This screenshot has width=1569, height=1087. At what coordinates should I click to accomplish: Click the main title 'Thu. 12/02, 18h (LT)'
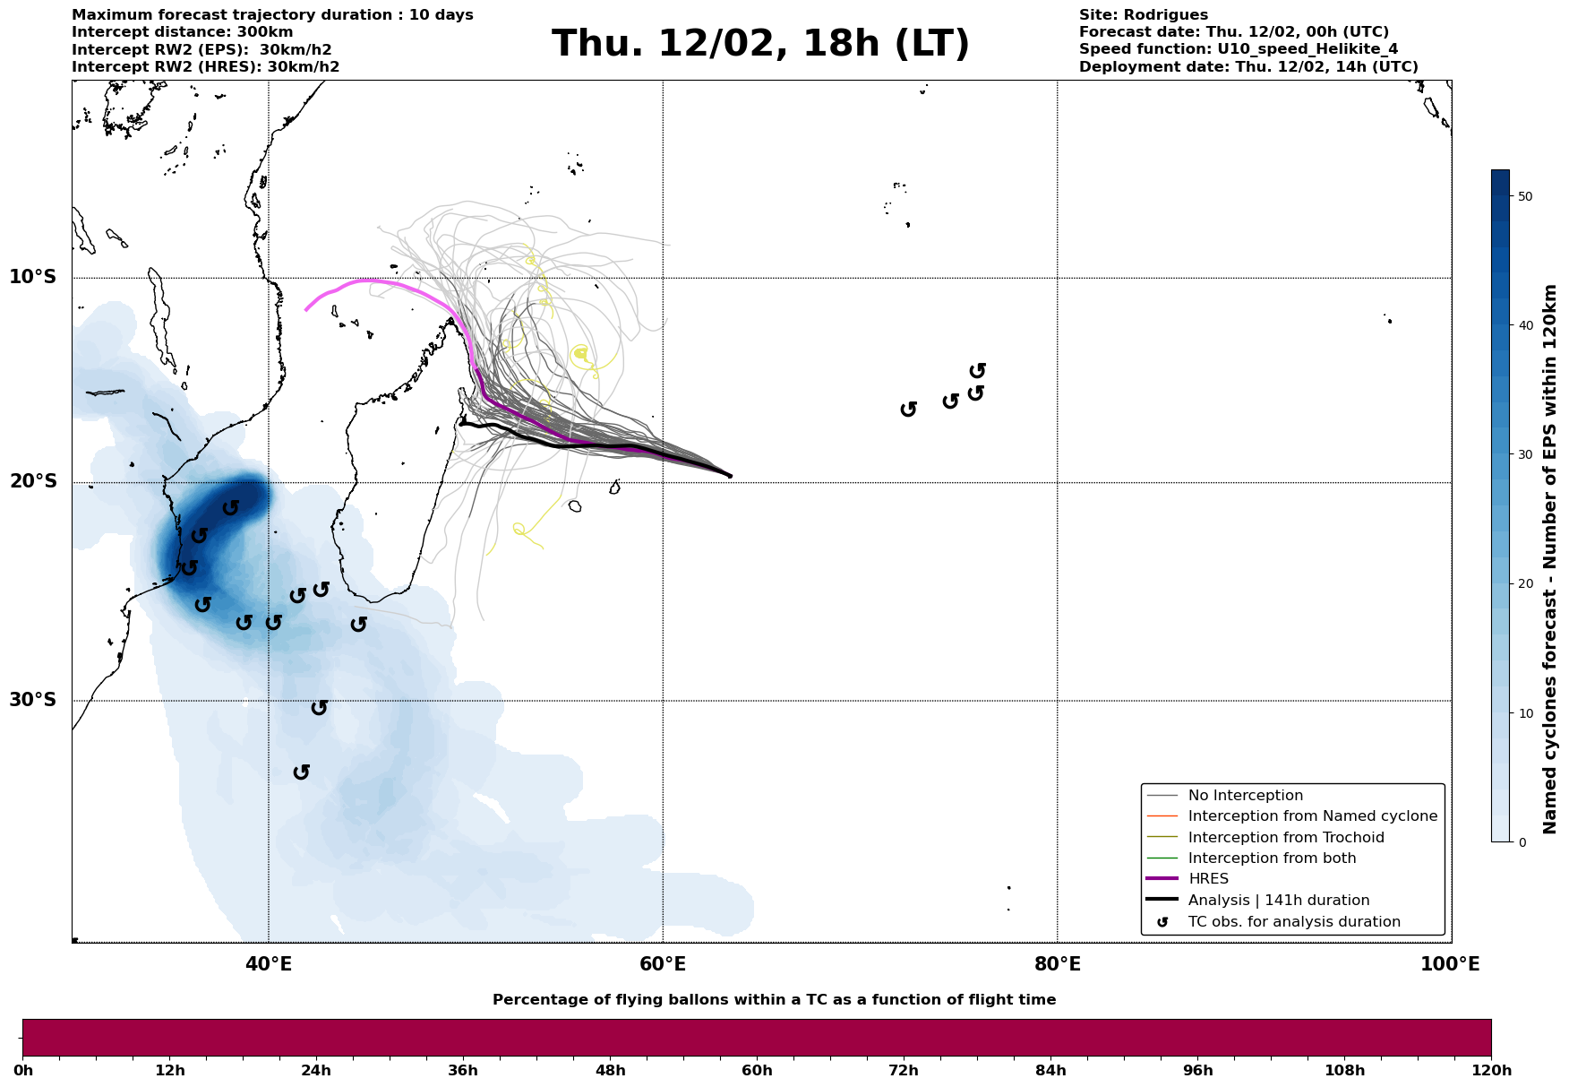[760, 44]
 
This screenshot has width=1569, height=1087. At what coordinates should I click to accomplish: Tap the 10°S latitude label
[33, 277]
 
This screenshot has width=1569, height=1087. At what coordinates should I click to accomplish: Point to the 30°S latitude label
[33, 700]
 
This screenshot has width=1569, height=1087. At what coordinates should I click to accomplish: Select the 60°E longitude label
[663, 964]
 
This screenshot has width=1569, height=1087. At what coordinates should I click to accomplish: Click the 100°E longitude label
[1450, 964]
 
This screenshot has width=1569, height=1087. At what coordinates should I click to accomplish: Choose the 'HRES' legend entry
[1208, 879]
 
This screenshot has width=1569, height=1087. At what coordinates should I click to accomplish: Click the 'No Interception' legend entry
[1245, 796]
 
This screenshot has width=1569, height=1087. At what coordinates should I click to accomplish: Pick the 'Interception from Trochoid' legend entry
[1285, 838]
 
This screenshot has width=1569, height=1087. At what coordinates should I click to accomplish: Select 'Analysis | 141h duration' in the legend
[1278, 901]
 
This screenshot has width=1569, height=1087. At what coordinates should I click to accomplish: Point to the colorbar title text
[1551, 559]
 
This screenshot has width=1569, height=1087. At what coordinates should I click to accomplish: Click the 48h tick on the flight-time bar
[610, 1070]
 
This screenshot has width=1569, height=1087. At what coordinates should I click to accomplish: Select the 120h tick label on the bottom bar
[1491, 1070]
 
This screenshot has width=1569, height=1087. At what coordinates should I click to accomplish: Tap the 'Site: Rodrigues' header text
[1143, 15]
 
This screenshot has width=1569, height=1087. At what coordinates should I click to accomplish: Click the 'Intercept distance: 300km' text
[182, 32]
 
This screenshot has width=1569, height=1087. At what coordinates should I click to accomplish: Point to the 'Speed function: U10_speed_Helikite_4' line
[1238, 49]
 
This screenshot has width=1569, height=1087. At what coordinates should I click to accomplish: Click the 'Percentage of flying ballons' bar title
[774, 1000]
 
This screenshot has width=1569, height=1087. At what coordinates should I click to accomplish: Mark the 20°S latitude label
[33, 482]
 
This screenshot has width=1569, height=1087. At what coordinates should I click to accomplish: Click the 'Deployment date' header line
[1248, 67]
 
